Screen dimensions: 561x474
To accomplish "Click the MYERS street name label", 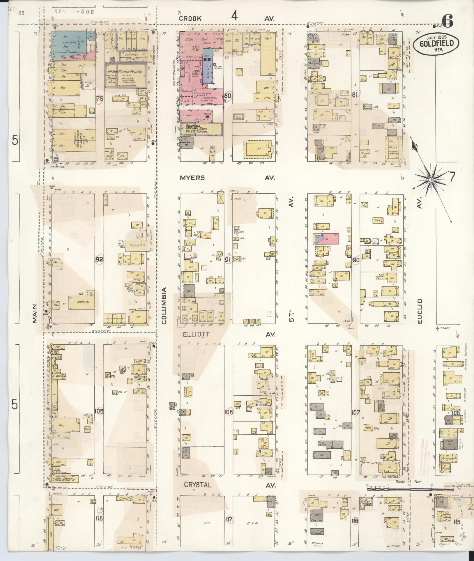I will tap(192, 178).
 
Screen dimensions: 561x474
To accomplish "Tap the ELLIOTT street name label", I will tap(196, 335).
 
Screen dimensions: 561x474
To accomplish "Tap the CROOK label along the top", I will tap(190, 18).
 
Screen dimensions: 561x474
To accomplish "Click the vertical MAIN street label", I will tap(35, 314).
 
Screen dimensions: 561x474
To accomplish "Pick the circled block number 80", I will tap(228, 95).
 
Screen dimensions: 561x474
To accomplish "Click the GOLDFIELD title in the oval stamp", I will tap(436, 44).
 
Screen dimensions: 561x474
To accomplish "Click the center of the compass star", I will tap(431, 180).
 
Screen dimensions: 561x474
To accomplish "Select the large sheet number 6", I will tap(447, 20).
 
